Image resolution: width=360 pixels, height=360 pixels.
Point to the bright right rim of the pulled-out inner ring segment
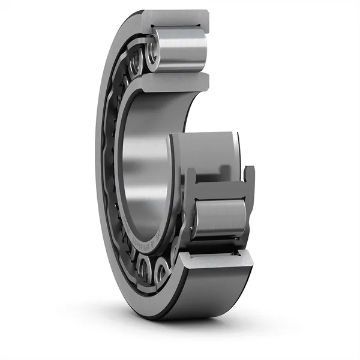coord(238,150)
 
